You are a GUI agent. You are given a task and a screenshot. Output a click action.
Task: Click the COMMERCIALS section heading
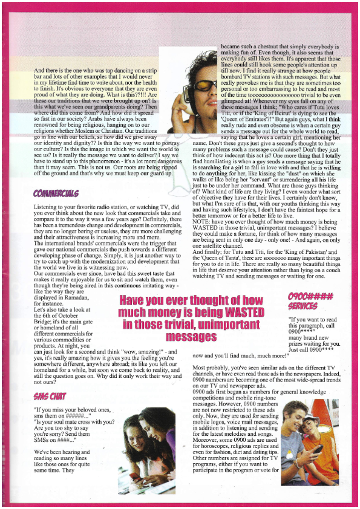56,193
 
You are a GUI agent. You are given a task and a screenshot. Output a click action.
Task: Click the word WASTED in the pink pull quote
239,312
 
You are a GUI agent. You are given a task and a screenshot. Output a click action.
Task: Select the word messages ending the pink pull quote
191,336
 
